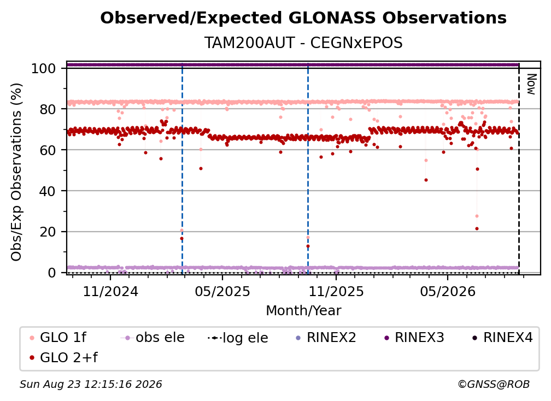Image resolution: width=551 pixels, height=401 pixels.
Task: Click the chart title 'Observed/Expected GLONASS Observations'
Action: [x=303, y=18]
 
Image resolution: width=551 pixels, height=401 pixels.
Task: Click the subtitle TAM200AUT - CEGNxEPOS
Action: [x=303, y=43]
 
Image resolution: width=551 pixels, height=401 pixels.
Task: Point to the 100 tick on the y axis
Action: [x=44, y=68]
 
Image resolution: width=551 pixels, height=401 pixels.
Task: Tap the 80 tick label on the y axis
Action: [x=48, y=109]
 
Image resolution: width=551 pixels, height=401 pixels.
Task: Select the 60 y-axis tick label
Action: [x=48, y=150]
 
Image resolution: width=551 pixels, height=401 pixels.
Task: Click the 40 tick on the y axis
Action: [x=48, y=191]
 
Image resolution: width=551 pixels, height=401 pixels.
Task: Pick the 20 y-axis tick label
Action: [x=48, y=232]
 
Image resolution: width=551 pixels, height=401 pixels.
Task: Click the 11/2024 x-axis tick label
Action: [x=110, y=291]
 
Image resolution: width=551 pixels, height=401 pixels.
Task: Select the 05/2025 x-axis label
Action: [x=222, y=291]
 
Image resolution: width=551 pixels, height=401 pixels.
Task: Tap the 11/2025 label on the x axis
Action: [x=336, y=291]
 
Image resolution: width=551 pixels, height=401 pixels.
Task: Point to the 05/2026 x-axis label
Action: [x=447, y=291]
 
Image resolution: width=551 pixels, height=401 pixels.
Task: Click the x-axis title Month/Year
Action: [x=303, y=311]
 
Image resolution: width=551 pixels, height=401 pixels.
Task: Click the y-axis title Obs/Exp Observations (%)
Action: [x=16, y=172]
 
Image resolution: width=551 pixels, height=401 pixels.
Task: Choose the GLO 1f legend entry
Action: [x=58, y=338]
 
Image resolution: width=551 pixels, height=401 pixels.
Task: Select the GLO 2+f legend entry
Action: [x=63, y=358]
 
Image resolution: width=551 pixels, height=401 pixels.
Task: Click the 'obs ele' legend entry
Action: [x=153, y=338]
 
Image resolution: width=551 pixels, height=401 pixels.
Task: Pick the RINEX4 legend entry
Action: [x=502, y=338]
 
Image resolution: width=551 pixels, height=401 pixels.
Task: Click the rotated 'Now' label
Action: [x=531, y=84]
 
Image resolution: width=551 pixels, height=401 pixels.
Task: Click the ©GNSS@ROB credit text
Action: [x=494, y=385]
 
